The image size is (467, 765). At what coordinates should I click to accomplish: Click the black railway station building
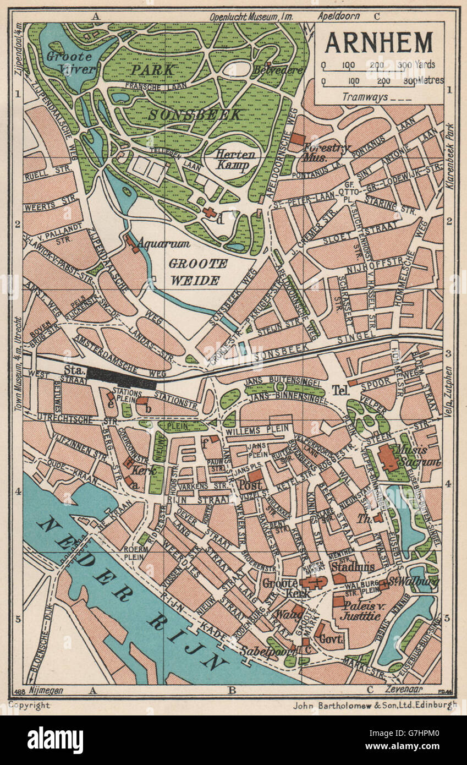coord(122,378)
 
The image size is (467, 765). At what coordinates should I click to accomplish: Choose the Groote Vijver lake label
coord(72,63)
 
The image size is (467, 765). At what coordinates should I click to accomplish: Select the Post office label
coord(250,484)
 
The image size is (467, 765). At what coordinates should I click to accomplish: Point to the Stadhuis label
coord(353,566)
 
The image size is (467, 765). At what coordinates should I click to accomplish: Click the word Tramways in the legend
coord(365,97)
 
